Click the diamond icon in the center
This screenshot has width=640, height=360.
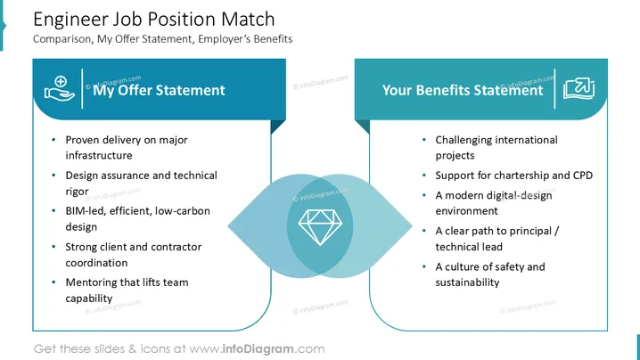click(320, 227)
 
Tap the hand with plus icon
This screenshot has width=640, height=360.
click(60, 88)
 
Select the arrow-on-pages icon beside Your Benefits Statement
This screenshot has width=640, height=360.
click(578, 88)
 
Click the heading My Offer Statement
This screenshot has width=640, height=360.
click(159, 90)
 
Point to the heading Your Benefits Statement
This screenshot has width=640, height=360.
click(463, 90)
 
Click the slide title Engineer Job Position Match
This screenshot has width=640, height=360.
click(154, 20)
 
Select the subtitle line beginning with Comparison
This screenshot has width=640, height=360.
click(162, 39)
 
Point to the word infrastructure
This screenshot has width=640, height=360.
click(99, 156)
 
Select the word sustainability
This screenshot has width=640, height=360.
click(467, 282)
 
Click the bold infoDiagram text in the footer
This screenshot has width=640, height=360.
click(258, 349)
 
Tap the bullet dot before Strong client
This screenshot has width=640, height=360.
click(53, 247)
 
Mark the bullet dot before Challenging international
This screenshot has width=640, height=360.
click(424, 140)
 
